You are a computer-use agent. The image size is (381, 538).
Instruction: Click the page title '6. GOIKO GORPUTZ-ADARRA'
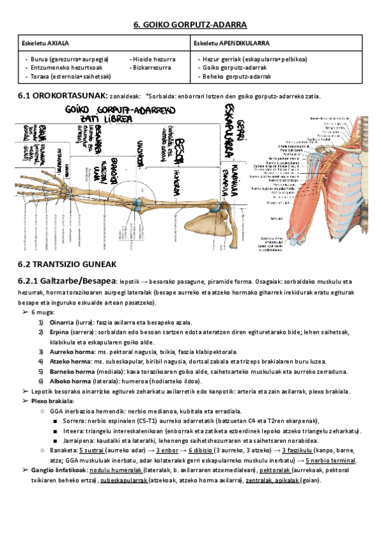coord(190,25)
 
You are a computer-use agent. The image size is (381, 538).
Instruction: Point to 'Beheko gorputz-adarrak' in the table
coord(236,76)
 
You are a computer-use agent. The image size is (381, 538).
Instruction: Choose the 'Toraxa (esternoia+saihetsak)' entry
coord(70,76)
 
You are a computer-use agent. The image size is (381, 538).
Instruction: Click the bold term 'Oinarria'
coord(62,322)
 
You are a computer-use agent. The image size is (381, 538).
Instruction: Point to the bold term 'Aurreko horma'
coord(69,351)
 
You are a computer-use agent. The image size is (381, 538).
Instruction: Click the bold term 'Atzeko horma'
coord(68,361)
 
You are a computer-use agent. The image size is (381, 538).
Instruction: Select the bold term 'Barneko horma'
coord(70,371)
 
